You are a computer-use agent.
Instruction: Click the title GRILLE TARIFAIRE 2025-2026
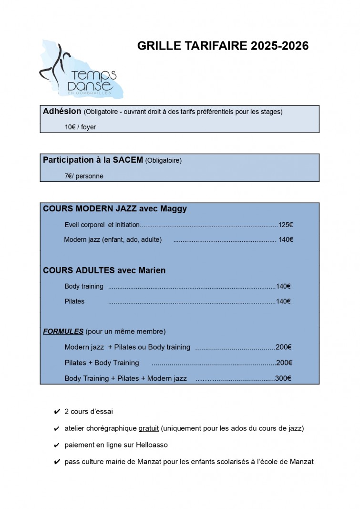(x=223, y=46)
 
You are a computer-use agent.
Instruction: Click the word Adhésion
(x=62, y=111)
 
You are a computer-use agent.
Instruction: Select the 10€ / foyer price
(x=80, y=127)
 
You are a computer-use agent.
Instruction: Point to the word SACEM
(x=128, y=160)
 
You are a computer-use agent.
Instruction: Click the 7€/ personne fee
(x=83, y=176)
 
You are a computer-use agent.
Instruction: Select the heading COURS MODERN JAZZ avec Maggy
(x=115, y=208)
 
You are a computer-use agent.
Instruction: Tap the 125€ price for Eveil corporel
(x=285, y=225)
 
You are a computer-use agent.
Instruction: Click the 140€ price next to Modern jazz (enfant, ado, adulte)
(x=286, y=239)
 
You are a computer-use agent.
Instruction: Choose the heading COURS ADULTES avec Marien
(x=104, y=270)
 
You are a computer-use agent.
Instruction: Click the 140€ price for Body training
(x=283, y=286)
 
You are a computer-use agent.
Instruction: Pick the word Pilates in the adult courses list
(x=74, y=301)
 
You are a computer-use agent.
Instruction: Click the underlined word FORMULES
(x=63, y=331)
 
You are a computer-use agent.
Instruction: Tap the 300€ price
(x=283, y=378)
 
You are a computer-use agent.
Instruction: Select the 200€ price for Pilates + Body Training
(x=284, y=363)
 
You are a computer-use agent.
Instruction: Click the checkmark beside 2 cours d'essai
(x=57, y=411)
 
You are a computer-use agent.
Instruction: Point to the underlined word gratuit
(x=148, y=428)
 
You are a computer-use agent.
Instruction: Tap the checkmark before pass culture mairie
(x=57, y=461)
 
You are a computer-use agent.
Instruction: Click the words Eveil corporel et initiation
(x=102, y=225)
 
